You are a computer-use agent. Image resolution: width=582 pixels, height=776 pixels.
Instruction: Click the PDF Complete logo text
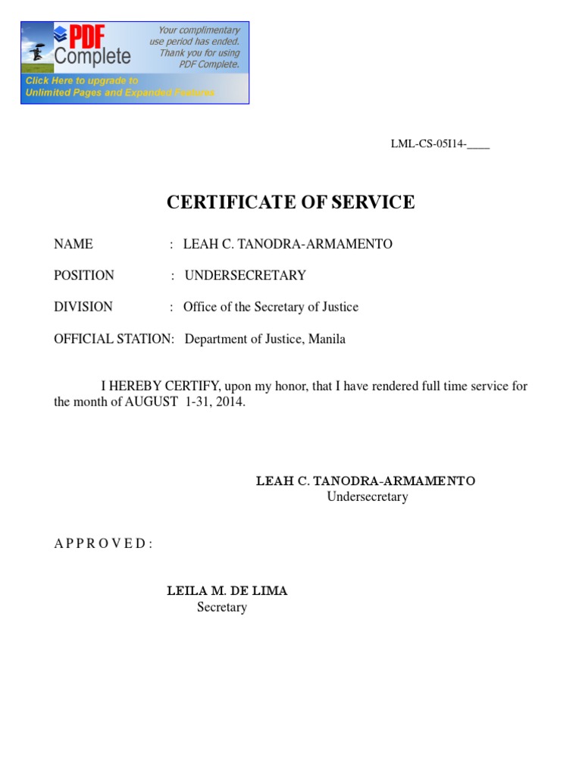coord(92,46)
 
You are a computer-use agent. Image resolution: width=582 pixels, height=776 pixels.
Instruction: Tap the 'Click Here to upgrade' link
coord(82,80)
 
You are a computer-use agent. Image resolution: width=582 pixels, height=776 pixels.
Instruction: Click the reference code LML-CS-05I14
coord(428,144)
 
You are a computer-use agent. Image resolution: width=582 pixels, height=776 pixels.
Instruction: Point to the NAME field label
coord(74,244)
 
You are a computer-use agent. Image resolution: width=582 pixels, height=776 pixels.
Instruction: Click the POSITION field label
coord(84,275)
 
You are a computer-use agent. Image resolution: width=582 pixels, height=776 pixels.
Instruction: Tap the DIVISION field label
coord(83,307)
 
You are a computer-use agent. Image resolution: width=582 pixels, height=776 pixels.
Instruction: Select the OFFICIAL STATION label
coord(114,339)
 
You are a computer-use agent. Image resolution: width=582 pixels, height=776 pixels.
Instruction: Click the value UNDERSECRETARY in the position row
coord(245,275)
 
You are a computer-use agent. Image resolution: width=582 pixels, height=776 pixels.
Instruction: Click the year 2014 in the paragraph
coord(229,402)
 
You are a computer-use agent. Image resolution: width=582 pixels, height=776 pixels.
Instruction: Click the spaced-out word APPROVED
coord(103,544)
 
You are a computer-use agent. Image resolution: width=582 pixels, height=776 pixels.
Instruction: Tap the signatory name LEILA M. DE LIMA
coord(227,591)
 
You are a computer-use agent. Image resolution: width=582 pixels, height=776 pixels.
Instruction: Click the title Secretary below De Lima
coord(222,607)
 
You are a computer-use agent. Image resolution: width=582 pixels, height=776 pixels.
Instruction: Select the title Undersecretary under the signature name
coord(368,497)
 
